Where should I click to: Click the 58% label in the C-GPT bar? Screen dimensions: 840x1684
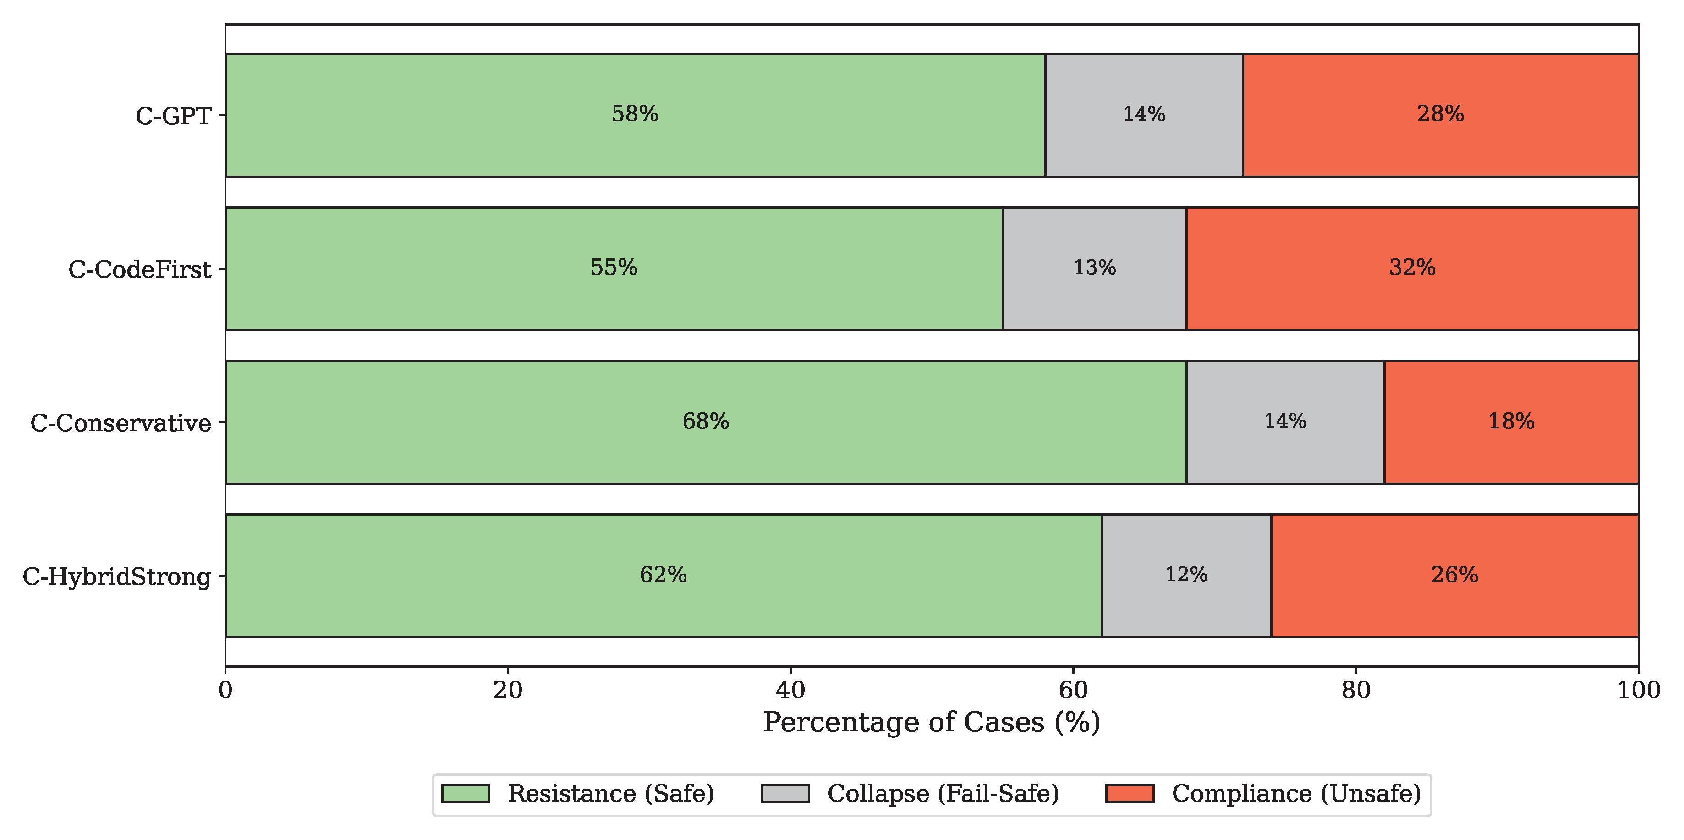[x=634, y=115]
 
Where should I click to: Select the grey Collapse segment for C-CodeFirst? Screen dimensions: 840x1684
[x=1094, y=268]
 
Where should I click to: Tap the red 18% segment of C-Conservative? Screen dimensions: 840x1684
[x=1510, y=422]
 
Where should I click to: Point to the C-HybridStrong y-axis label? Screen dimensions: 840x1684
[x=117, y=576]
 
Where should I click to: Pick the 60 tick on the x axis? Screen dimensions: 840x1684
[x=1073, y=690]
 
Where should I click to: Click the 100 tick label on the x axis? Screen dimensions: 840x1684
[x=1638, y=690]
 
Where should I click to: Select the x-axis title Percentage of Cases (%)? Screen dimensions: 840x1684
[x=932, y=722]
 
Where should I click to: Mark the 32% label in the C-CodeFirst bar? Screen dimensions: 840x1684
[x=1412, y=268]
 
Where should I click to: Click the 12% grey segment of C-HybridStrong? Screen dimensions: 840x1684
[x=1186, y=575]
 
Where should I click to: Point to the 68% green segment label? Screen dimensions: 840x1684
[x=705, y=422]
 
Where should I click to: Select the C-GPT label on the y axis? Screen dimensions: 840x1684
[x=173, y=115]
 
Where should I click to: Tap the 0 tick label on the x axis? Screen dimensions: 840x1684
[x=225, y=690]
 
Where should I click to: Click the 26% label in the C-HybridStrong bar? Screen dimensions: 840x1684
[x=1454, y=575]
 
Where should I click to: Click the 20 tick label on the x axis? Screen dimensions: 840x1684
[x=508, y=690]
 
